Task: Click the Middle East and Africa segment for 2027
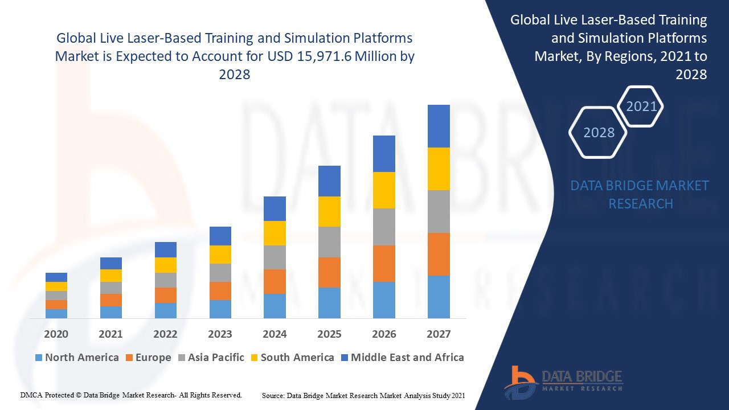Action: [x=439, y=126]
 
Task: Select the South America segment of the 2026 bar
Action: [x=384, y=190]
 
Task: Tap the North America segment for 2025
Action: [x=329, y=302]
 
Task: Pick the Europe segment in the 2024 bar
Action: [x=275, y=281]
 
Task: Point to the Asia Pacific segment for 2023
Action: [x=220, y=273]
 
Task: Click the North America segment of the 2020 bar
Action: [x=56, y=313]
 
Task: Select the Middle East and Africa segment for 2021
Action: [x=111, y=263]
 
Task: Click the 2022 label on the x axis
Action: [x=165, y=334]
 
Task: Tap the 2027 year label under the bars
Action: [x=439, y=334]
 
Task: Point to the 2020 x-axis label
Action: [x=56, y=334]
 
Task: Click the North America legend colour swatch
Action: [x=39, y=358]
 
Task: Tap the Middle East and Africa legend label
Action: [x=407, y=358]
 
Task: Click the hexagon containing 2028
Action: [x=599, y=133]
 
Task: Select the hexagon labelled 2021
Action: [x=641, y=106]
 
